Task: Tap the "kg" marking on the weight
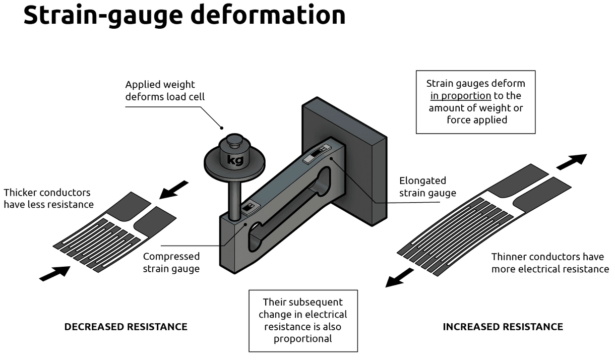(x=235, y=160)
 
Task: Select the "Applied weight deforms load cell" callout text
(x=165, y=91)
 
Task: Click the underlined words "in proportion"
(x=460, y=96)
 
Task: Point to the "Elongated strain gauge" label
(x=427, y=187)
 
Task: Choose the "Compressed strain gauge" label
(x=171, y=262)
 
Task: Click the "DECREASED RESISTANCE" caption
(x=126, y=327)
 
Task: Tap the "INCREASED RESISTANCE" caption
(x=503, y=327)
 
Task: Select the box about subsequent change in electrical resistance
(x=303, y=320)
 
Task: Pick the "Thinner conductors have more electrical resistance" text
(x=550, y=263)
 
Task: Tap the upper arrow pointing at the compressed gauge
(x=173, y=190)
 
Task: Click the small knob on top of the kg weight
(x=234, y=141)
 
